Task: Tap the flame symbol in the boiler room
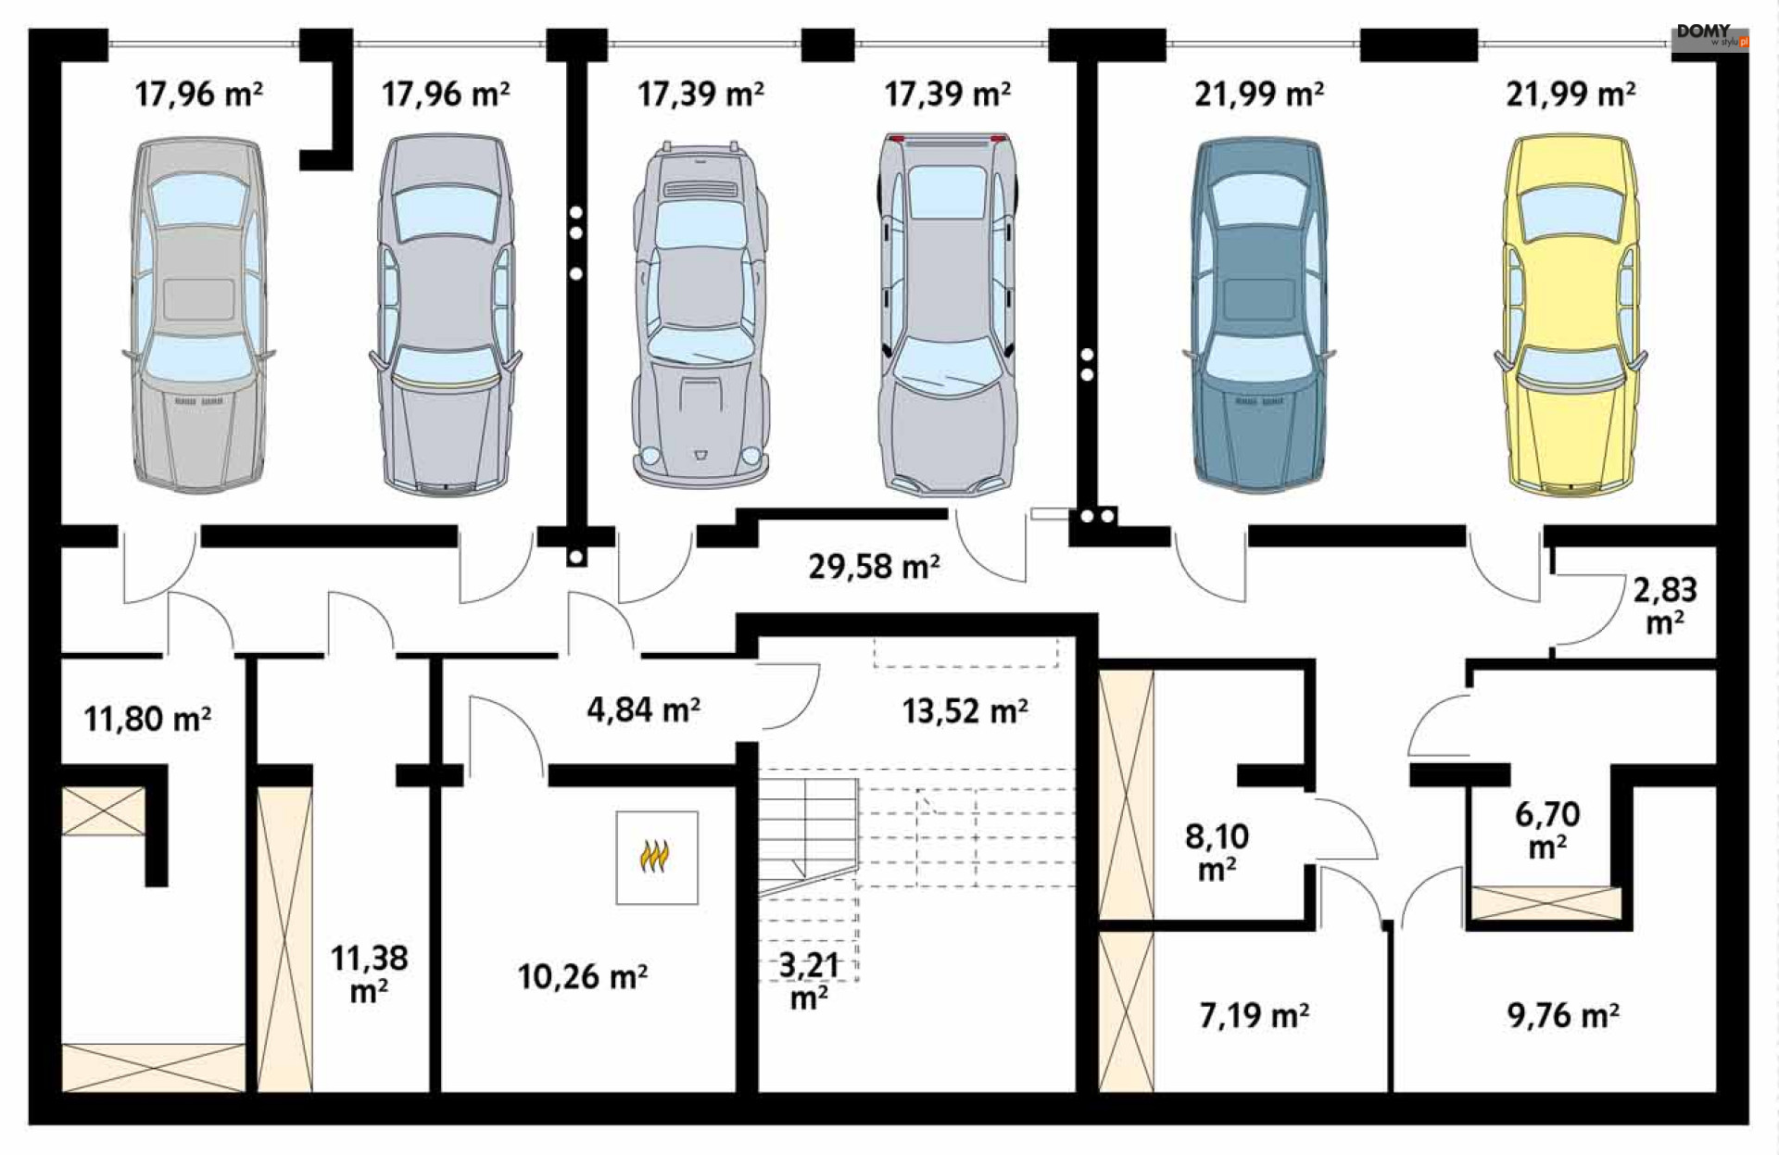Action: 654,856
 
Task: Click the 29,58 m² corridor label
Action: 874,566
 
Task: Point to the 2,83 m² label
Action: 1664,605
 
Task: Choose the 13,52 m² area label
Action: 965,710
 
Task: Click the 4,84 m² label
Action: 643,709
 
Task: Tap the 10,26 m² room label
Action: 582,976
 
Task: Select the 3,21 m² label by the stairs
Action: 809,981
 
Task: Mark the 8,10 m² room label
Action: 1217,852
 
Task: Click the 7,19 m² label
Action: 1254,1015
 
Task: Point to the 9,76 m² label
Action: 1563,1015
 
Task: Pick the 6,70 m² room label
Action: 1547,830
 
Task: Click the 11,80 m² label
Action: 147,719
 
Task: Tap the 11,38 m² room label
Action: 369,974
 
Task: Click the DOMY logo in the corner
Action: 1710,36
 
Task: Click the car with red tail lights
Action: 947,315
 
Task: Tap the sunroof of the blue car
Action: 1259,298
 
